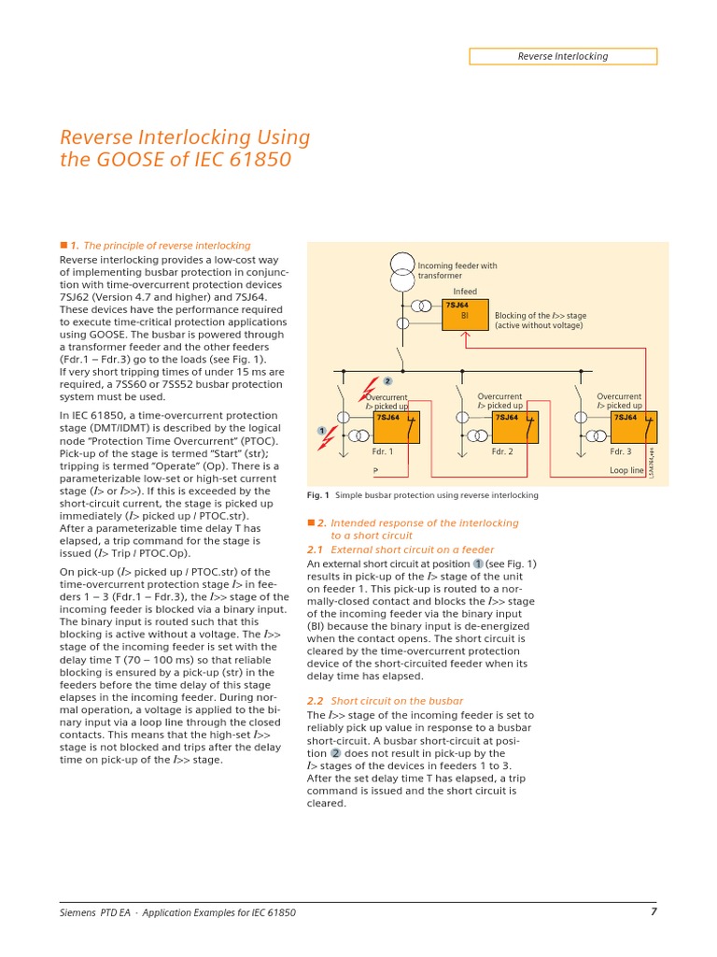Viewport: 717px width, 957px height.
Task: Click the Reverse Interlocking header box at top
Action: pyautogui.click(x=562, y=56)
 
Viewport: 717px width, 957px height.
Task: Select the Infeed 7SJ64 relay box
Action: pyautogui.click(x=465, y=315)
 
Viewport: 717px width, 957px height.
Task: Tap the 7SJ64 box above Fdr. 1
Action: pyautogui.click(x=396, y=429)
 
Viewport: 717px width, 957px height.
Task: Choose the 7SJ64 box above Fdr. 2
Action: pyautogui.click(x=515, y=429)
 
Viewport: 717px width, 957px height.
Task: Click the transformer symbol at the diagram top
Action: pyautogui.click(x=401, y=270)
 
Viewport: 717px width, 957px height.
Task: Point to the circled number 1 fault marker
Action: pyautogui.click(x=321, y=430)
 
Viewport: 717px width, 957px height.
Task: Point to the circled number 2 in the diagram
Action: pyautogui.click(x=387, y=380)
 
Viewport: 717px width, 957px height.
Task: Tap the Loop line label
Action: pyautogui.click(x=626, y=470)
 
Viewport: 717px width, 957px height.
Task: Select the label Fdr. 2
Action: pyautogui.click(x=502, y=451)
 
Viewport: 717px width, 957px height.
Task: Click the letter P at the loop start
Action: pyautogui.click(x=375, y=470)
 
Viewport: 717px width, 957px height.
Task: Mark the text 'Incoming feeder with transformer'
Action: pyautogui.click(x=457, y=270)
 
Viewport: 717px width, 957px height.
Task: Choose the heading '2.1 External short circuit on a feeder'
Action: pyautogui.click(x=401, y=550)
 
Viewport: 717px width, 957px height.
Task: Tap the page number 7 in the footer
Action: pyautogui.click(x=654, y=912)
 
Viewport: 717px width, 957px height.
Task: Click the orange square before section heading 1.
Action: pyautogui.click(x=63, y=246)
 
